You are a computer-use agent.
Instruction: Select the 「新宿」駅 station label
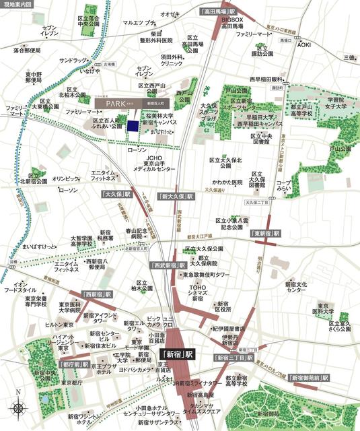tap(177, 353)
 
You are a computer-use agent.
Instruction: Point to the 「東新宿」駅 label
tap(266, 233)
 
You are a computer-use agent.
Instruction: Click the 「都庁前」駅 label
tap(75, 364)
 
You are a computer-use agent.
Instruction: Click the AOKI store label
tap(305, 44)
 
